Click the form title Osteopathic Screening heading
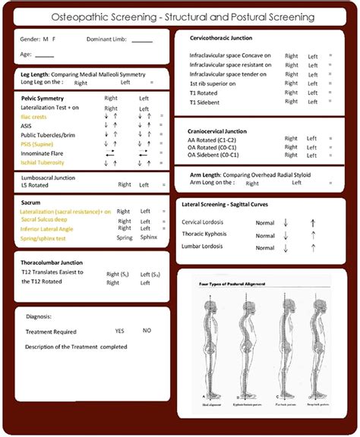pyautogui.click(x=179, y=16)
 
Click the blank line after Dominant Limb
pyautogui.click(x=142, y=39)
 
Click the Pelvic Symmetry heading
pyautogui.click(x=43, y=99)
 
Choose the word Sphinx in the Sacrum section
pyautogui.click(x=148, y=237)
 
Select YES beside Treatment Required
pyautogui.click(x=120, y=331)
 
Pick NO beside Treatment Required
pyautogui.click(x=147, y=331)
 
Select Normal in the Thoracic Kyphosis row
pyautogui.click(x=265, y=234)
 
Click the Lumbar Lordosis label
pyautogui.click(x=204, y=247)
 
